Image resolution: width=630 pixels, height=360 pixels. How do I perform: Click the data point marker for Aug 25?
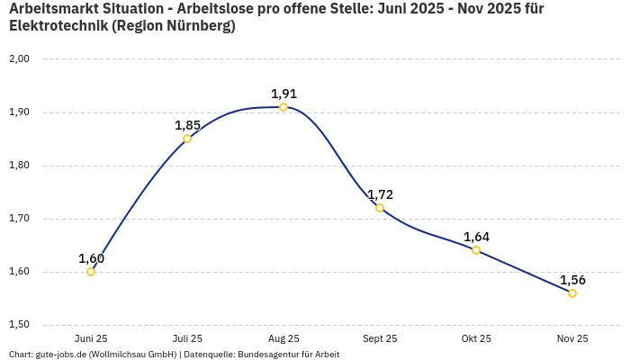pyautogui.click(x=283, y=107)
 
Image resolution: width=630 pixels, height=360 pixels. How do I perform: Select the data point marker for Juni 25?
pyautogui.click(x=91, y=272)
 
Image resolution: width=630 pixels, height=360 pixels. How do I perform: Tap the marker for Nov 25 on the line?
pyautogui.click(x=572, y=293)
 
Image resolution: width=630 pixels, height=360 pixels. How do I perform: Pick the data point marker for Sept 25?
pyautogui.click(x=380, y=208)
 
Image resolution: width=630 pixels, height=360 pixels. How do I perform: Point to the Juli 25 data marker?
pyautogui.click(x=187, y=139)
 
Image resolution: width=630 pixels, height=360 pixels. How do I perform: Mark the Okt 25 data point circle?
pyautogui.click(x=476, y=250)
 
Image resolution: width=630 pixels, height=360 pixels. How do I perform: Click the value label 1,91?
pyautogui.click(x=283, y=94)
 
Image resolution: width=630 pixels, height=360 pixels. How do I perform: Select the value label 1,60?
pyautogui.click(x=91, y=258)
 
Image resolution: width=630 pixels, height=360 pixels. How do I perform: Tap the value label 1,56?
pyautogui.click(x=572, y=280)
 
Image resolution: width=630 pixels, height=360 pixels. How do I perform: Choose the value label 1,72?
pyautogui.click(x=380, y=194)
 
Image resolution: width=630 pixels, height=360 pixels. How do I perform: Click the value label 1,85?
pyautogui.click(x=187, y=125)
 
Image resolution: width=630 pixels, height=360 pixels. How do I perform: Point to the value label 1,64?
pyautogui.click(x=476, y=237)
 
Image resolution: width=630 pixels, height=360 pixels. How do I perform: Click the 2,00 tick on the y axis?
pyautogui.click(x=20, y=59)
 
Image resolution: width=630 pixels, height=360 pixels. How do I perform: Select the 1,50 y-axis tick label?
pyautogui.click(x=20, y=325)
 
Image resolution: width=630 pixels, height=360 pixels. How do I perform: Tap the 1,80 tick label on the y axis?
pyautogui.click(x=20, y=166)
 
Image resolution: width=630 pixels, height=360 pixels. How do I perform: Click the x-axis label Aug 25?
pyautogui.click(x=283, y=338)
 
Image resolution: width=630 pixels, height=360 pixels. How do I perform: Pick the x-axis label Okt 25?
pyautogui.click(x=476, y=338)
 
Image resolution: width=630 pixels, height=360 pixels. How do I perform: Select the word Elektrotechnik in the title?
pyautogui.click(x=59, y=26)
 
